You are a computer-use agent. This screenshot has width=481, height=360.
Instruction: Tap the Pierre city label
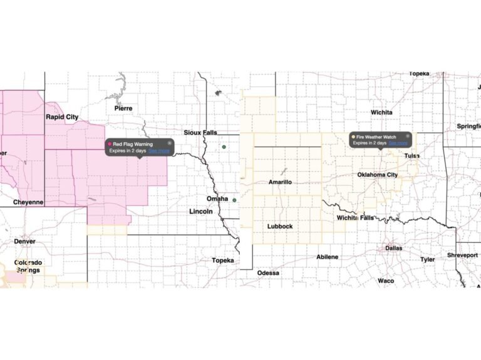123,108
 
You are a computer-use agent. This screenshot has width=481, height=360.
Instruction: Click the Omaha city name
217,198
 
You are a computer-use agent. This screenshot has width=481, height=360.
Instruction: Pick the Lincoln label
201,212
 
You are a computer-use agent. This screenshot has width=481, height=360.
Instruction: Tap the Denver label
24,241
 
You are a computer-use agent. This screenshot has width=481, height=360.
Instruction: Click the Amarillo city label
280,182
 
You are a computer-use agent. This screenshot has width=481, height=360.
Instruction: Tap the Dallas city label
395,249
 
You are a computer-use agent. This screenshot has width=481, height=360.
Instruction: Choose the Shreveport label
462,255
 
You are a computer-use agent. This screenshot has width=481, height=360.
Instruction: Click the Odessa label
268,273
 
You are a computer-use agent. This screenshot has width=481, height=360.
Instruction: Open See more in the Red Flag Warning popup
158,150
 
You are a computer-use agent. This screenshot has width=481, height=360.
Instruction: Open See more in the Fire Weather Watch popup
398,143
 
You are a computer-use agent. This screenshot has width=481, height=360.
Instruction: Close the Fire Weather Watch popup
408,135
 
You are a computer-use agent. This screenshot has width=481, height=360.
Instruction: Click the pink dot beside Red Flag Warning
110,144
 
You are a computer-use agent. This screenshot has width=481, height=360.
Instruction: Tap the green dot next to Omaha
234,200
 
